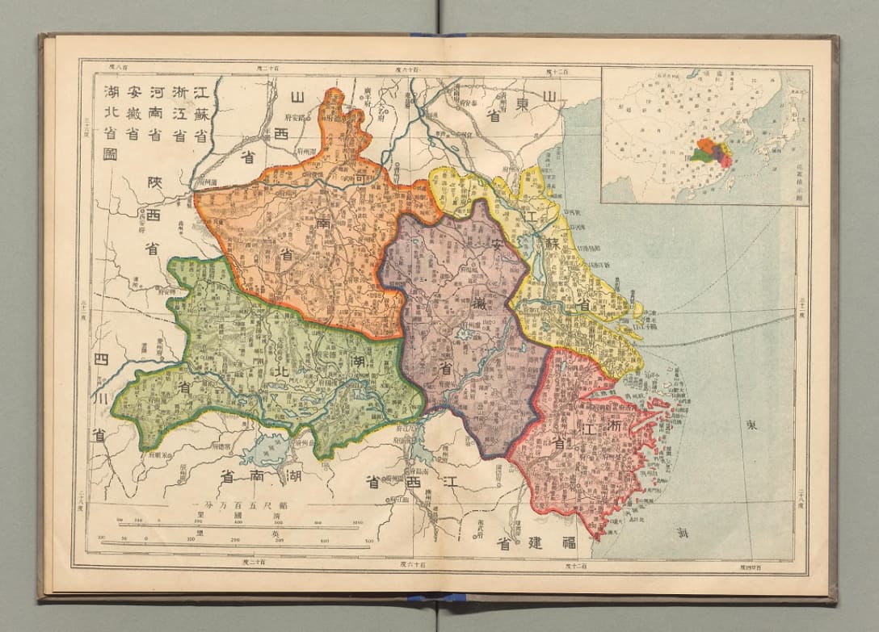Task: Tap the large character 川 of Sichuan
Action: click(99, 396)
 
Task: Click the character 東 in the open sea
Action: click(751, 425)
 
